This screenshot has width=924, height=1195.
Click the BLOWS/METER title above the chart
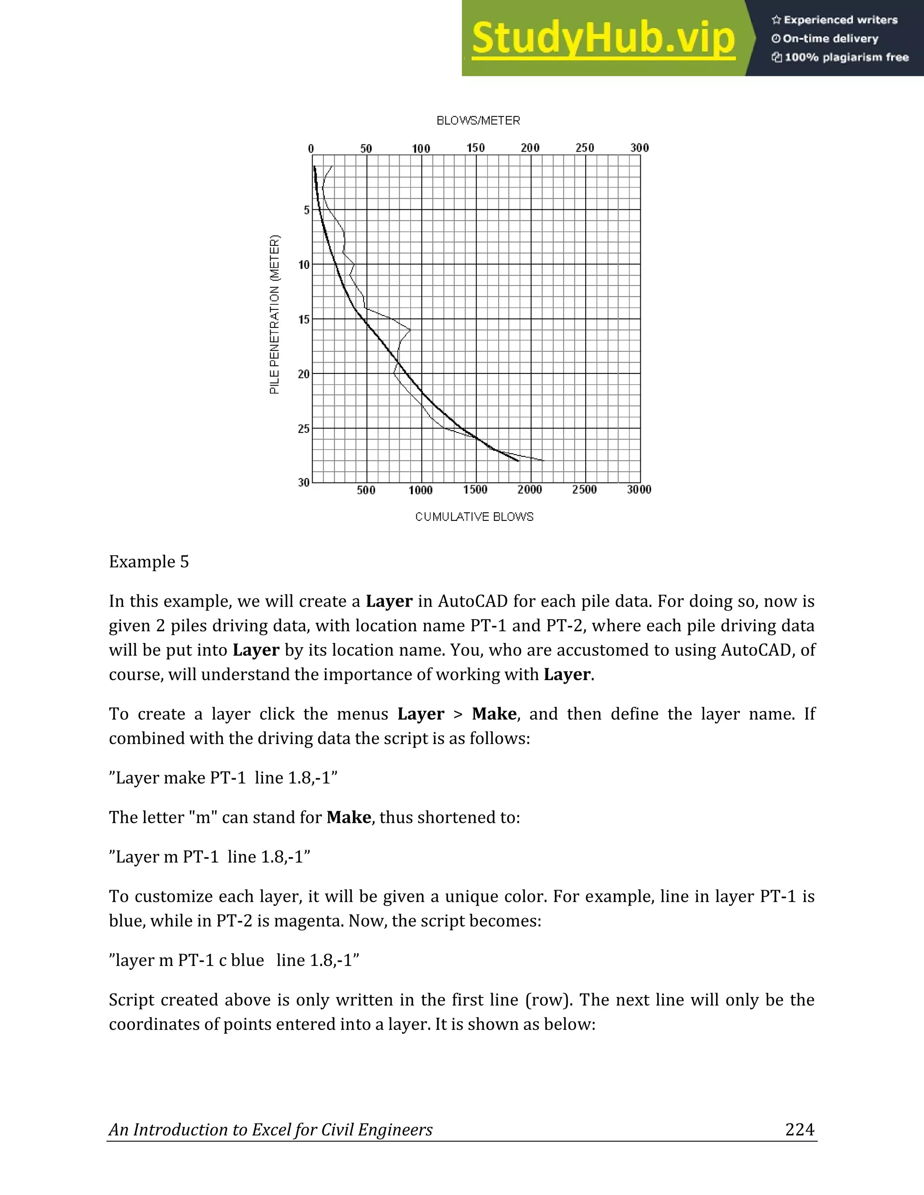tap(478, 120)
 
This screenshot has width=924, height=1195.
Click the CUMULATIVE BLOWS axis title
tap(474, 516)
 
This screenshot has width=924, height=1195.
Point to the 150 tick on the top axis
tap(475, 148)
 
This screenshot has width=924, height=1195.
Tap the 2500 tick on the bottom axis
tap(584, 490)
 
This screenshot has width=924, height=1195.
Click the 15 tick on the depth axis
tap(304, 320)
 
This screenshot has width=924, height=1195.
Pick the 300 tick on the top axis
tap(639, 148)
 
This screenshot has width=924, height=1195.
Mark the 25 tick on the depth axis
tap(304, 429)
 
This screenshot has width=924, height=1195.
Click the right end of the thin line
tap(544, 460)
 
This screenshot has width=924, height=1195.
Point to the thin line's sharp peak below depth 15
tap(410, 329)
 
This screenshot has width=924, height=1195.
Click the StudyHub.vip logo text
tap(603, 38)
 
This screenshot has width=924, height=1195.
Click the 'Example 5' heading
tap(149, 562)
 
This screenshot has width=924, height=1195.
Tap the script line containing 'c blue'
tap(234, 960)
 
